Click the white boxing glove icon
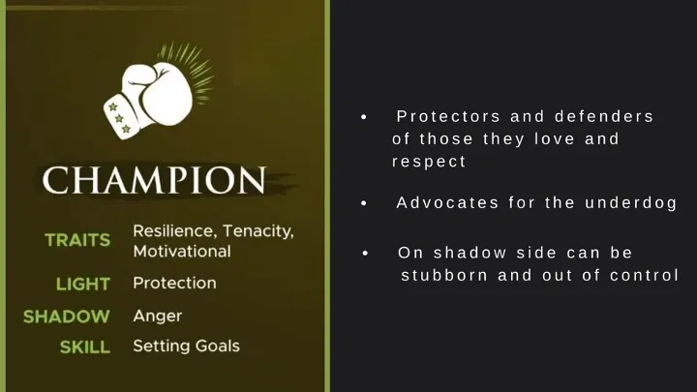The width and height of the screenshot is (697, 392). [149, 101]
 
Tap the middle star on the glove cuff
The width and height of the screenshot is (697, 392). [119, 118]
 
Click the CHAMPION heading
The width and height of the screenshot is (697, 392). [154, 180]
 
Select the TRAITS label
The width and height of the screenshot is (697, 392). [77, 240]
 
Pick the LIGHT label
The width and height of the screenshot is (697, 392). [83, 284]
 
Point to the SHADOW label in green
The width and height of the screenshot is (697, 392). [67, 317]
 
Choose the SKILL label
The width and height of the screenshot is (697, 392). [85, 347]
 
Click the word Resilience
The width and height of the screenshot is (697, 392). [175, 231]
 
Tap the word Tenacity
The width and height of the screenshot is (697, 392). [258, 231]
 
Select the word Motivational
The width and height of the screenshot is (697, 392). [182, 252]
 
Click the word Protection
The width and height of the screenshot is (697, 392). [174, 283]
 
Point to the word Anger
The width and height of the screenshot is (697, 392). [158, 317]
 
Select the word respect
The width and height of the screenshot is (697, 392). [429, 162]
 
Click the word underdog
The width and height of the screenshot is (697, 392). [631, 203]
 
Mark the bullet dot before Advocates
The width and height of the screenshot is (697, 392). [364, 203]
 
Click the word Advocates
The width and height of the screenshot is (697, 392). [447, 202]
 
